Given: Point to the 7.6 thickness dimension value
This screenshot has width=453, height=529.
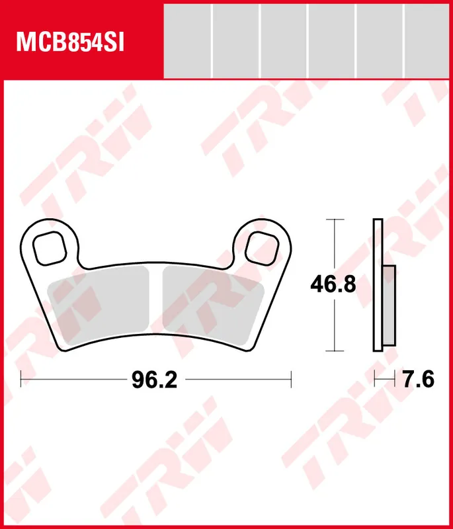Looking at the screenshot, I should click(x=418, y=380).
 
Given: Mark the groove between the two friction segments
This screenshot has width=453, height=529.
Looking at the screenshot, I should click(x=157, y=304).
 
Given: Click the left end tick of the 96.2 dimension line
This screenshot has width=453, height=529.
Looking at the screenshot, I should click(x=22, y=380).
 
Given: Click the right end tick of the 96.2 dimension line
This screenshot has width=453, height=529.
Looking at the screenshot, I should click(x=291, y=380).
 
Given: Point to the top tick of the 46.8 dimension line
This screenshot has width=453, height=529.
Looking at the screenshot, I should click(x=336, y=219).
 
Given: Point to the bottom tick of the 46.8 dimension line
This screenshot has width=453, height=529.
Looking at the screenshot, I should click(x=336, y=350).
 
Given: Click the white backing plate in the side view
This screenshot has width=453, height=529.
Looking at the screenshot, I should click(x=378, y=284).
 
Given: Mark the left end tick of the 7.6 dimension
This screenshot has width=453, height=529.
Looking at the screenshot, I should click(x=374, y=380).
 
